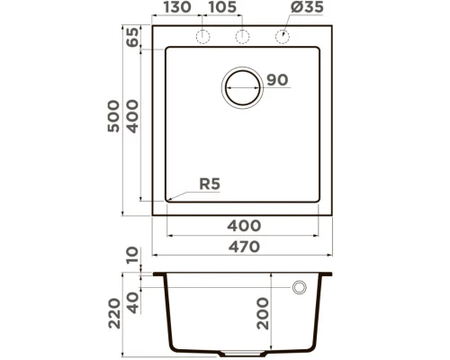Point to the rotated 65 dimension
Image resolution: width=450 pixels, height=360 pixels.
pyautogui.click(x=133, y=38)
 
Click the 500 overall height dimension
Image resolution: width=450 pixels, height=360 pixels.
pyautogui.click(x=112, y=117)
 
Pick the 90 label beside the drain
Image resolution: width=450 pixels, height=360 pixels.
pyautogui.click(x=277, y=81)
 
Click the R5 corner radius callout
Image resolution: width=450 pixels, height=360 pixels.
pyautogui.click(x=209, y=184)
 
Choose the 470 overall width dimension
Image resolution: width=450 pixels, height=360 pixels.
pyautogui.click(x=243, y=246)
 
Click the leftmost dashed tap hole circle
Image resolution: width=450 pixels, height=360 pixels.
pyautogui.click(x=203, y=36)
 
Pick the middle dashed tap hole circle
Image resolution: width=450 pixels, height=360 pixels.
pyautogui.click(x=242, y=36)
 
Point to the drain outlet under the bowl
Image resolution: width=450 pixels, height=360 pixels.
pyautogui.click(x=243, y=352)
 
